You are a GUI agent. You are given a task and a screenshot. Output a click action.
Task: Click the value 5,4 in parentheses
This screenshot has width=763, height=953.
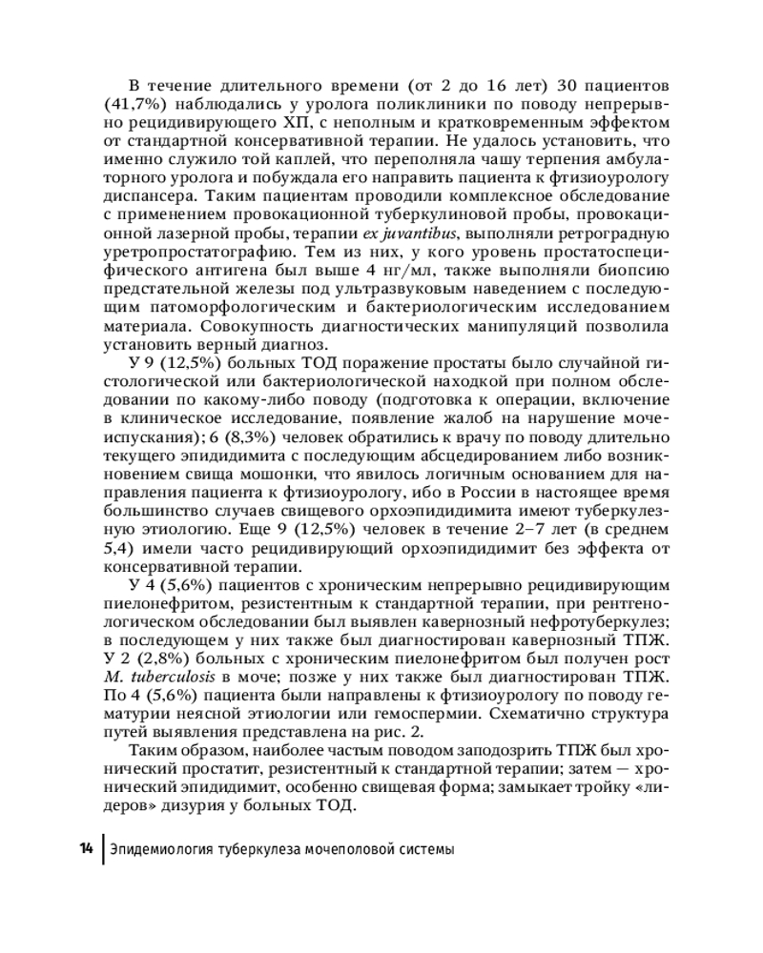click(116, 550)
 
